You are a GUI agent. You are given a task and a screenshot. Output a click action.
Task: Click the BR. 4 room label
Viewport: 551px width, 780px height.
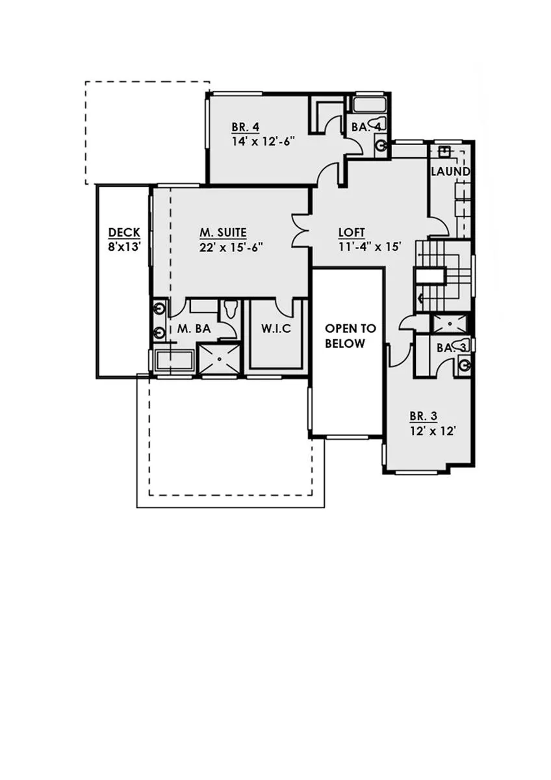coord(246,127)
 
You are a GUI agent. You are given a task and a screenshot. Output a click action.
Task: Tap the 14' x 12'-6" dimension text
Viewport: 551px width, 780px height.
coord(264,142)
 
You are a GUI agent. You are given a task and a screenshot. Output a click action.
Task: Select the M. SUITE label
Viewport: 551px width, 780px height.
coord(223,232)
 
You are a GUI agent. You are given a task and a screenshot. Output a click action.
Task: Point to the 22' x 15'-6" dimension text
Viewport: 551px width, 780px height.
coord(231,247)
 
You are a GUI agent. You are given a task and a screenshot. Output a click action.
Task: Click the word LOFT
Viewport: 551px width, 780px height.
coord(352,232)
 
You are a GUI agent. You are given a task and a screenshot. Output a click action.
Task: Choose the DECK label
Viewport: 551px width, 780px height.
coord(124,232)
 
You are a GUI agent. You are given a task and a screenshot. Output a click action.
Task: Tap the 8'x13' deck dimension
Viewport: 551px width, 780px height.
coord(124,247)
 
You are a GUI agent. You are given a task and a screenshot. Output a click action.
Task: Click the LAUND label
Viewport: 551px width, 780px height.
coord(450,172)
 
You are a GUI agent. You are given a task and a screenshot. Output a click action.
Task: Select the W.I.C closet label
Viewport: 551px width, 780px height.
coord(276,328)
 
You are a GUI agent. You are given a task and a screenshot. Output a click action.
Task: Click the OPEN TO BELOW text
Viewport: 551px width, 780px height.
coord(350,336)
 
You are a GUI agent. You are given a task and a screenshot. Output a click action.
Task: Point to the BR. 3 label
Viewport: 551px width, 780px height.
coord(423,416)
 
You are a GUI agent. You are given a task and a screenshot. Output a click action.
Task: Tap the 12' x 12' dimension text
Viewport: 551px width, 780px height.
coord(433,431)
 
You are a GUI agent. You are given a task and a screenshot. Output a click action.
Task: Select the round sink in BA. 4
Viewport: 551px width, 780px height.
coord(382,145)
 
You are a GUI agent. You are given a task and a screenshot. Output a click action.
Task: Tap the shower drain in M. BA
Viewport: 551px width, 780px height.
coord(219,358)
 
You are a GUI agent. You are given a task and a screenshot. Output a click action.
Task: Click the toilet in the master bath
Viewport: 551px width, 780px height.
coord(230,308)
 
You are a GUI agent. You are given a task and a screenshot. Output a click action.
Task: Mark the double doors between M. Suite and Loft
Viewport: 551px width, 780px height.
coord(300,231)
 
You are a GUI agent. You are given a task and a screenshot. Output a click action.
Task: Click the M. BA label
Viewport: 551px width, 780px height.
coord(194,328)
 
